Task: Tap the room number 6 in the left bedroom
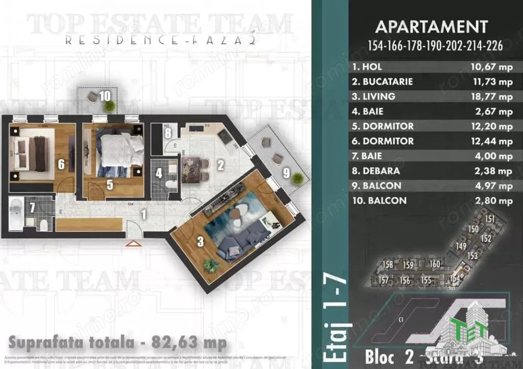coord(61,165)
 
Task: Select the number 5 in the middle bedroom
coord(110,184)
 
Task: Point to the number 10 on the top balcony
coord(105,96)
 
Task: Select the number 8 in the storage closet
coord(167,133)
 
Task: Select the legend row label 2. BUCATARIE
coord(383,82)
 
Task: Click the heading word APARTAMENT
coord(431,27)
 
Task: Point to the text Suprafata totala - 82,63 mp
coord(118,343)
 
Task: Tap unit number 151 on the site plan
coord(490,219)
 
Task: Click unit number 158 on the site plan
coord(386,265)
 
